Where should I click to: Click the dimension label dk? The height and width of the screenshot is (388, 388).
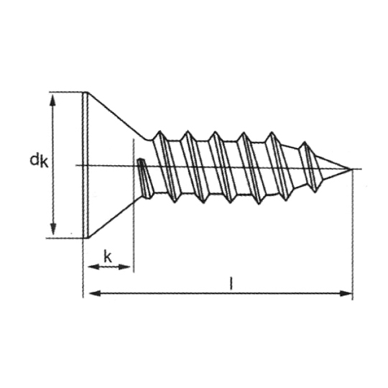[39, 161]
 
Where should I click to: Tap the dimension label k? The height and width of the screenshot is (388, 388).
[108, 257]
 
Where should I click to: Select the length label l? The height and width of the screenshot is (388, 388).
[231, 283]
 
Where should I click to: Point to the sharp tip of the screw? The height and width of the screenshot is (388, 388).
[351, 169]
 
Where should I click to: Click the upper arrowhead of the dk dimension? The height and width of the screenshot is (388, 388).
[52, 100]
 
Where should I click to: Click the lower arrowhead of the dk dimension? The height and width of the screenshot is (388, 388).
[53, 229]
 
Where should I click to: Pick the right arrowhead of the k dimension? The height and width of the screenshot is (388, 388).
[124, 267]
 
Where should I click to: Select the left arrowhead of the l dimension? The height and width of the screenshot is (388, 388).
[95, 293]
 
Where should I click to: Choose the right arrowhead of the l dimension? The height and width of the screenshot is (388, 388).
[346, 293]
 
